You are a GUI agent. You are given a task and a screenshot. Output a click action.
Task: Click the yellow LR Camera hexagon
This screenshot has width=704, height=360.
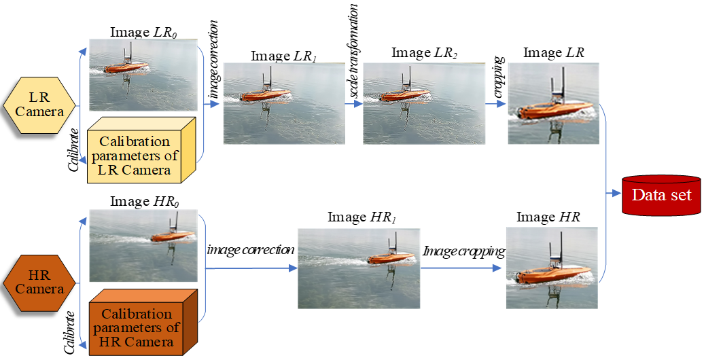39,105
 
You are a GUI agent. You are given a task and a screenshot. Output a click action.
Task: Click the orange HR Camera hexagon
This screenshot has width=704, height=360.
39,283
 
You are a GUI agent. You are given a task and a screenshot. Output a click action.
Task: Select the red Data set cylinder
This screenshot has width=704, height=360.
661,194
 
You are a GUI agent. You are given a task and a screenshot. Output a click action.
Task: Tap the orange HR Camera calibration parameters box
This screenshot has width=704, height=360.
143,322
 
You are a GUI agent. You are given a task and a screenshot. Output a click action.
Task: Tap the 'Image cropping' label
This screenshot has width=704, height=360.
464,251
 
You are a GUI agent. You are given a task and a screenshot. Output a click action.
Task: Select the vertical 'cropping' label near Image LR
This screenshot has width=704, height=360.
498,77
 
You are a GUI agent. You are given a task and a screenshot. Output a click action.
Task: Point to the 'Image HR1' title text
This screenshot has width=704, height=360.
362,217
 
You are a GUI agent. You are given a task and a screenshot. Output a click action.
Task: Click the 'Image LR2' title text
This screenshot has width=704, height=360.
424,53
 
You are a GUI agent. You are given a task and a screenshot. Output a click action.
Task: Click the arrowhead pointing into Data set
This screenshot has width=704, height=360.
617,194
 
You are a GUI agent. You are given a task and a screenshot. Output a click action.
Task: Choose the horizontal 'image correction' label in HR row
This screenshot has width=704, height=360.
251,249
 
